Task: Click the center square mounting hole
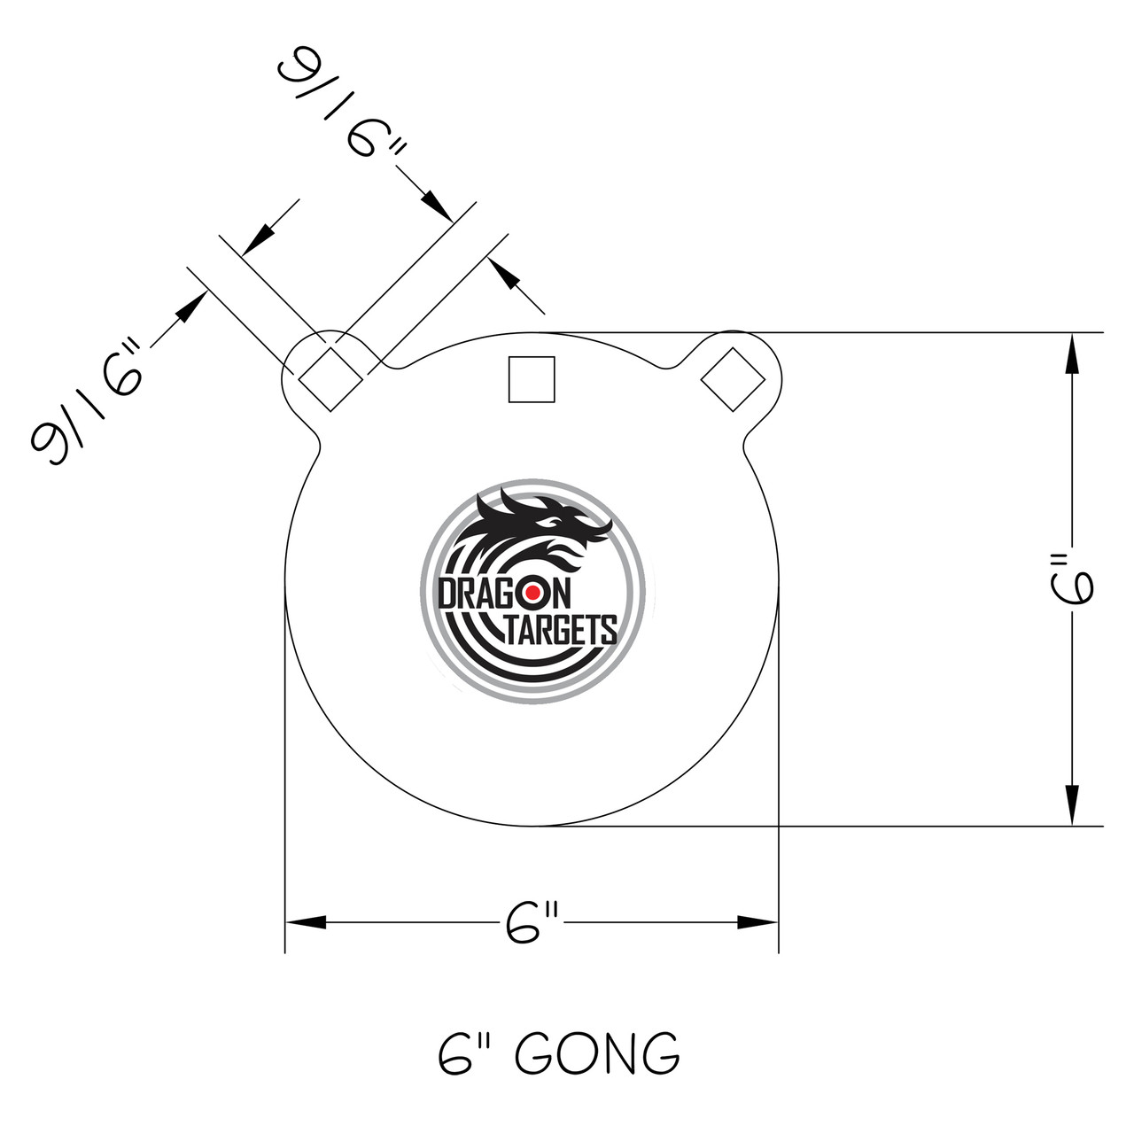coord(532,379)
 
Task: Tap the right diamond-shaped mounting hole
coord(733,379)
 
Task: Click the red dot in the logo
coord(532,592)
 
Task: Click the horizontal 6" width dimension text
coord(532,923)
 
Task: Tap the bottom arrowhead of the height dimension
coord(1073,806)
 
